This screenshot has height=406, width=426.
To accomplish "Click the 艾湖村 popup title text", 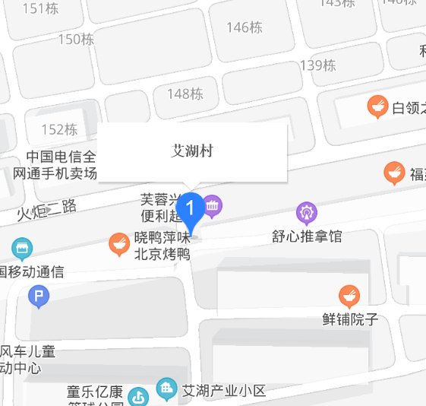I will pyautogui.click(x=193, y=151).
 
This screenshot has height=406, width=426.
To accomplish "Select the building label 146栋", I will pyautogui.click(x=245, y=27).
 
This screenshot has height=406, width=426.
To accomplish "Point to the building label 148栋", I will pyautogui.click(x=185, y=94).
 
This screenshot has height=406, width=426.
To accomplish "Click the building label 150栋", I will pyautogui.click(x=76, y=39).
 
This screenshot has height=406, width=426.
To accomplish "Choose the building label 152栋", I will pyautogui.click(x=59, y=129).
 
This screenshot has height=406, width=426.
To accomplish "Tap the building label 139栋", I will pyautogui.click(x=317, y=65).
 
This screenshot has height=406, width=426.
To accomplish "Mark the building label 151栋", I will pyautogui.click(x=40, y=8).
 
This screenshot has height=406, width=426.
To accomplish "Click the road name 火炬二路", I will pyautogui.click(x=47, y=207).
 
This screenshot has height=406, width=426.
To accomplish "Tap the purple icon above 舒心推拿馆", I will pyautogui.click(x=307, y=212).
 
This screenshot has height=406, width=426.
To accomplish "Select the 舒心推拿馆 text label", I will pyautogui.click(x=307, y=236).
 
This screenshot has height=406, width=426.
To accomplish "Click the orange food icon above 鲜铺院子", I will pyautogui.click(x=349, y=296).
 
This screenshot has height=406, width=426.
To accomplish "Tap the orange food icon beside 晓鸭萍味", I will pyautogui.click(x=118, y=244).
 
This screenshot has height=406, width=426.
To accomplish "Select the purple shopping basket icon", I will pyautogui.click(x=212, y=205).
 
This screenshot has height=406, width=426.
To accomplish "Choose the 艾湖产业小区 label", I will pyautogui.click(x=224, y=391).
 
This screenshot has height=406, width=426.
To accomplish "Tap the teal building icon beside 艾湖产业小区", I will pyautogui.click(x=166, y=389).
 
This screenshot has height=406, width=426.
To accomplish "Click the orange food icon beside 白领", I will pyautogui.click(x=377, y=107).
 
